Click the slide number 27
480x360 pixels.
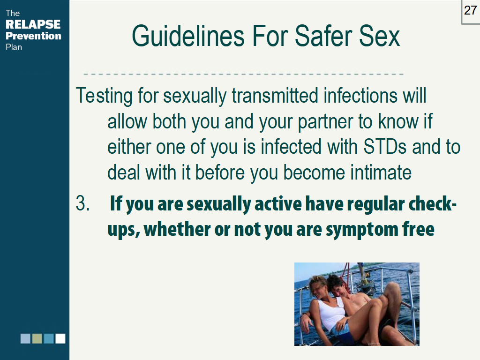[470, 10]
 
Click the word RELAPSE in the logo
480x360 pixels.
[33, 24]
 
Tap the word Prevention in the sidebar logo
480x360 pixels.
[33, 36]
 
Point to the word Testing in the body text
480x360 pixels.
[105, 96]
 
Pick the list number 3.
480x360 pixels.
[82, 204]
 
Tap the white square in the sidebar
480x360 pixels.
[60, 338]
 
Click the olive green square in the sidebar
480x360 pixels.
[37, 338]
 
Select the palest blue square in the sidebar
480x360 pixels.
[25, 338]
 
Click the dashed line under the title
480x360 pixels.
[244, 74]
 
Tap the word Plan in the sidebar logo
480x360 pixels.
[14, 47]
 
